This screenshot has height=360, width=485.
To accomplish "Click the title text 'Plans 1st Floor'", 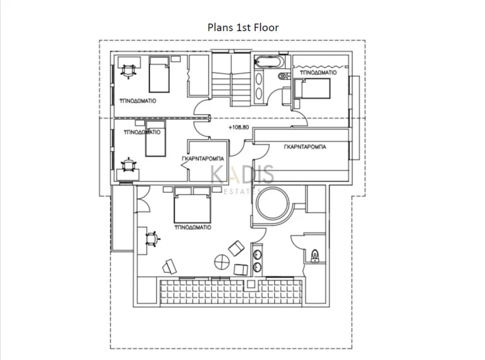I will [x=243, y=27].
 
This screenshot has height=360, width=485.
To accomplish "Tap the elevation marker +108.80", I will [x=239, y=127].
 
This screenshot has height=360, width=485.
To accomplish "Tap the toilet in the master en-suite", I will [x=314, y=256].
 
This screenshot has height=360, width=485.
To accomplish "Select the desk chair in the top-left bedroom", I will [x=129, y=71].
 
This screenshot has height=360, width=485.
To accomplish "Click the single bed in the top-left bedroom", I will [x=160, y=75].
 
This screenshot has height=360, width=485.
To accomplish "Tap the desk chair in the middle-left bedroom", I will [x=128, y=164].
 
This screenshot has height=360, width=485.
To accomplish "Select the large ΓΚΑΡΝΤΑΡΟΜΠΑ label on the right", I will [x=305, y=146].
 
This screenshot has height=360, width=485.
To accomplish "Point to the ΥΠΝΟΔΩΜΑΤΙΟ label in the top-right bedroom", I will [x=318, y=73].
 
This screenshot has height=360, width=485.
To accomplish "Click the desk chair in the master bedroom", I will [x=152, y=239].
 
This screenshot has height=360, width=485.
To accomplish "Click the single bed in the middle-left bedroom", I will [x=155, y=140].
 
